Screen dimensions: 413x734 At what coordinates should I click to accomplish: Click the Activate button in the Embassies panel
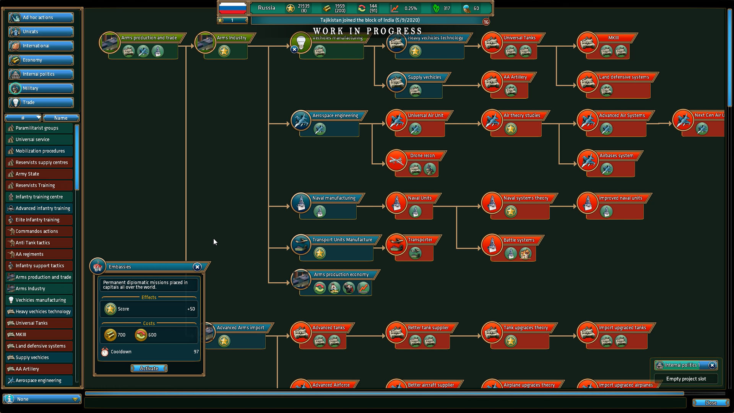coord(149,368)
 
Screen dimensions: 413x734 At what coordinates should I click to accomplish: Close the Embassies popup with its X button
coord(197,267)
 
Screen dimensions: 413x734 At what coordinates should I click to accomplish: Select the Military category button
coord(41,88)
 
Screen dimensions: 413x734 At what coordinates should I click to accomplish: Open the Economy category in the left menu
coord(41,60)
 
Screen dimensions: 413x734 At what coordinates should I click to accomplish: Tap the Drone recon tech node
coord(422,156)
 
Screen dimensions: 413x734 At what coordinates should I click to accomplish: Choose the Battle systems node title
coord(519,240)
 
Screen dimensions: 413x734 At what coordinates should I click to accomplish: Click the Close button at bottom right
coord(711,403)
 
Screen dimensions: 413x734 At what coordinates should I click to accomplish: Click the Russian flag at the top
coord(232,8)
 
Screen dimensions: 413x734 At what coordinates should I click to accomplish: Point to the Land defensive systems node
coord(624,77)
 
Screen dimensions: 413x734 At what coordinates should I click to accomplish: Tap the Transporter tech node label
coord(420,240)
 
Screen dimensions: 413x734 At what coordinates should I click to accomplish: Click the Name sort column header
coord(61,118)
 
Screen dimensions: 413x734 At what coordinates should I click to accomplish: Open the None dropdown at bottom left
coord(42,399)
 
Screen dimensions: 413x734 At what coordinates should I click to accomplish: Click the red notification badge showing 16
coord(486,22)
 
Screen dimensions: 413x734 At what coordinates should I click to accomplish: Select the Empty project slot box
coord(686,379)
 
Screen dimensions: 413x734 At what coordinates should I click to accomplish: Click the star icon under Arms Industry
coord(224,51)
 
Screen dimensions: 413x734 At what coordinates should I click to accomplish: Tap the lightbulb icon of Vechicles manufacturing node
coord(301,42)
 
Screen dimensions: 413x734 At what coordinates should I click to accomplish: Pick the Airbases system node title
coord(616,156)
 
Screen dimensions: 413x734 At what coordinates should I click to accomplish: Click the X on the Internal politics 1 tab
coord(712,365)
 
